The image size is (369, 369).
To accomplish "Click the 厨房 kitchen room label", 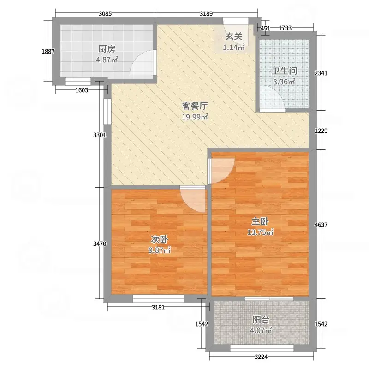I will pyautogui.click(x=107, y=48).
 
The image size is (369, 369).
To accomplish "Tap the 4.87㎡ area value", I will pyautogui.click(x=107, y=60).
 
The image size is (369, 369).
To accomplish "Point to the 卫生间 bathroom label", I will pyautogui.click(x=284, y=71).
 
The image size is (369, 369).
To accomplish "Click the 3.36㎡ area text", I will pyautogui.click(x=284, y=83).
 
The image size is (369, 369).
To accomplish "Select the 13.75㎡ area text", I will pyautogui.click(x=261, y=232).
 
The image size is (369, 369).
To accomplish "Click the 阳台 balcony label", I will pyautogui.click(x=261, y=319).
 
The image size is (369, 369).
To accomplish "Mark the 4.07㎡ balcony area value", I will pyautogui.click(x=261, y=330).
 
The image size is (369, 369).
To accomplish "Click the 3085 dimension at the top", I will pyautogui.click(x=106, y=13).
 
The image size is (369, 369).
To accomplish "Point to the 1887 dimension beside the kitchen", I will pyautogui.click(x=48, y=52).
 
